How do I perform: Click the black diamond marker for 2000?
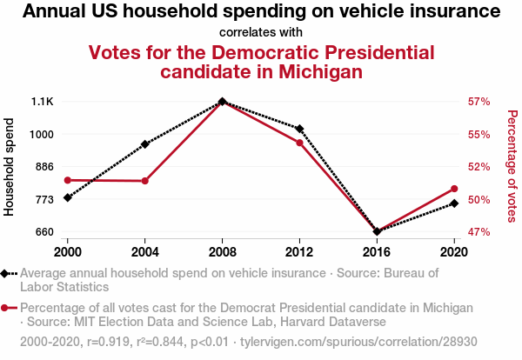(x=68, y=197)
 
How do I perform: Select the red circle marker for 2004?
(x=144, y=181)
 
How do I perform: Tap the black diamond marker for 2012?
(x=299, y=129)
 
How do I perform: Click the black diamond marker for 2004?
(x=144, y=143)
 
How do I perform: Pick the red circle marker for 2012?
(x=299, y=143)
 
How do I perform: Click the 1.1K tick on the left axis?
(x=43, y=102)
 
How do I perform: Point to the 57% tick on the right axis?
(x=479, y=102)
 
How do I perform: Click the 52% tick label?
(x=479, y=167)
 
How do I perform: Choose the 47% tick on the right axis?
(x=479, y=232)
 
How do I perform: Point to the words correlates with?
(x=261, y=33)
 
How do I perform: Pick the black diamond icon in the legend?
(x=7, y=273)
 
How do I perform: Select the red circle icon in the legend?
(x=7, y=308)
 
